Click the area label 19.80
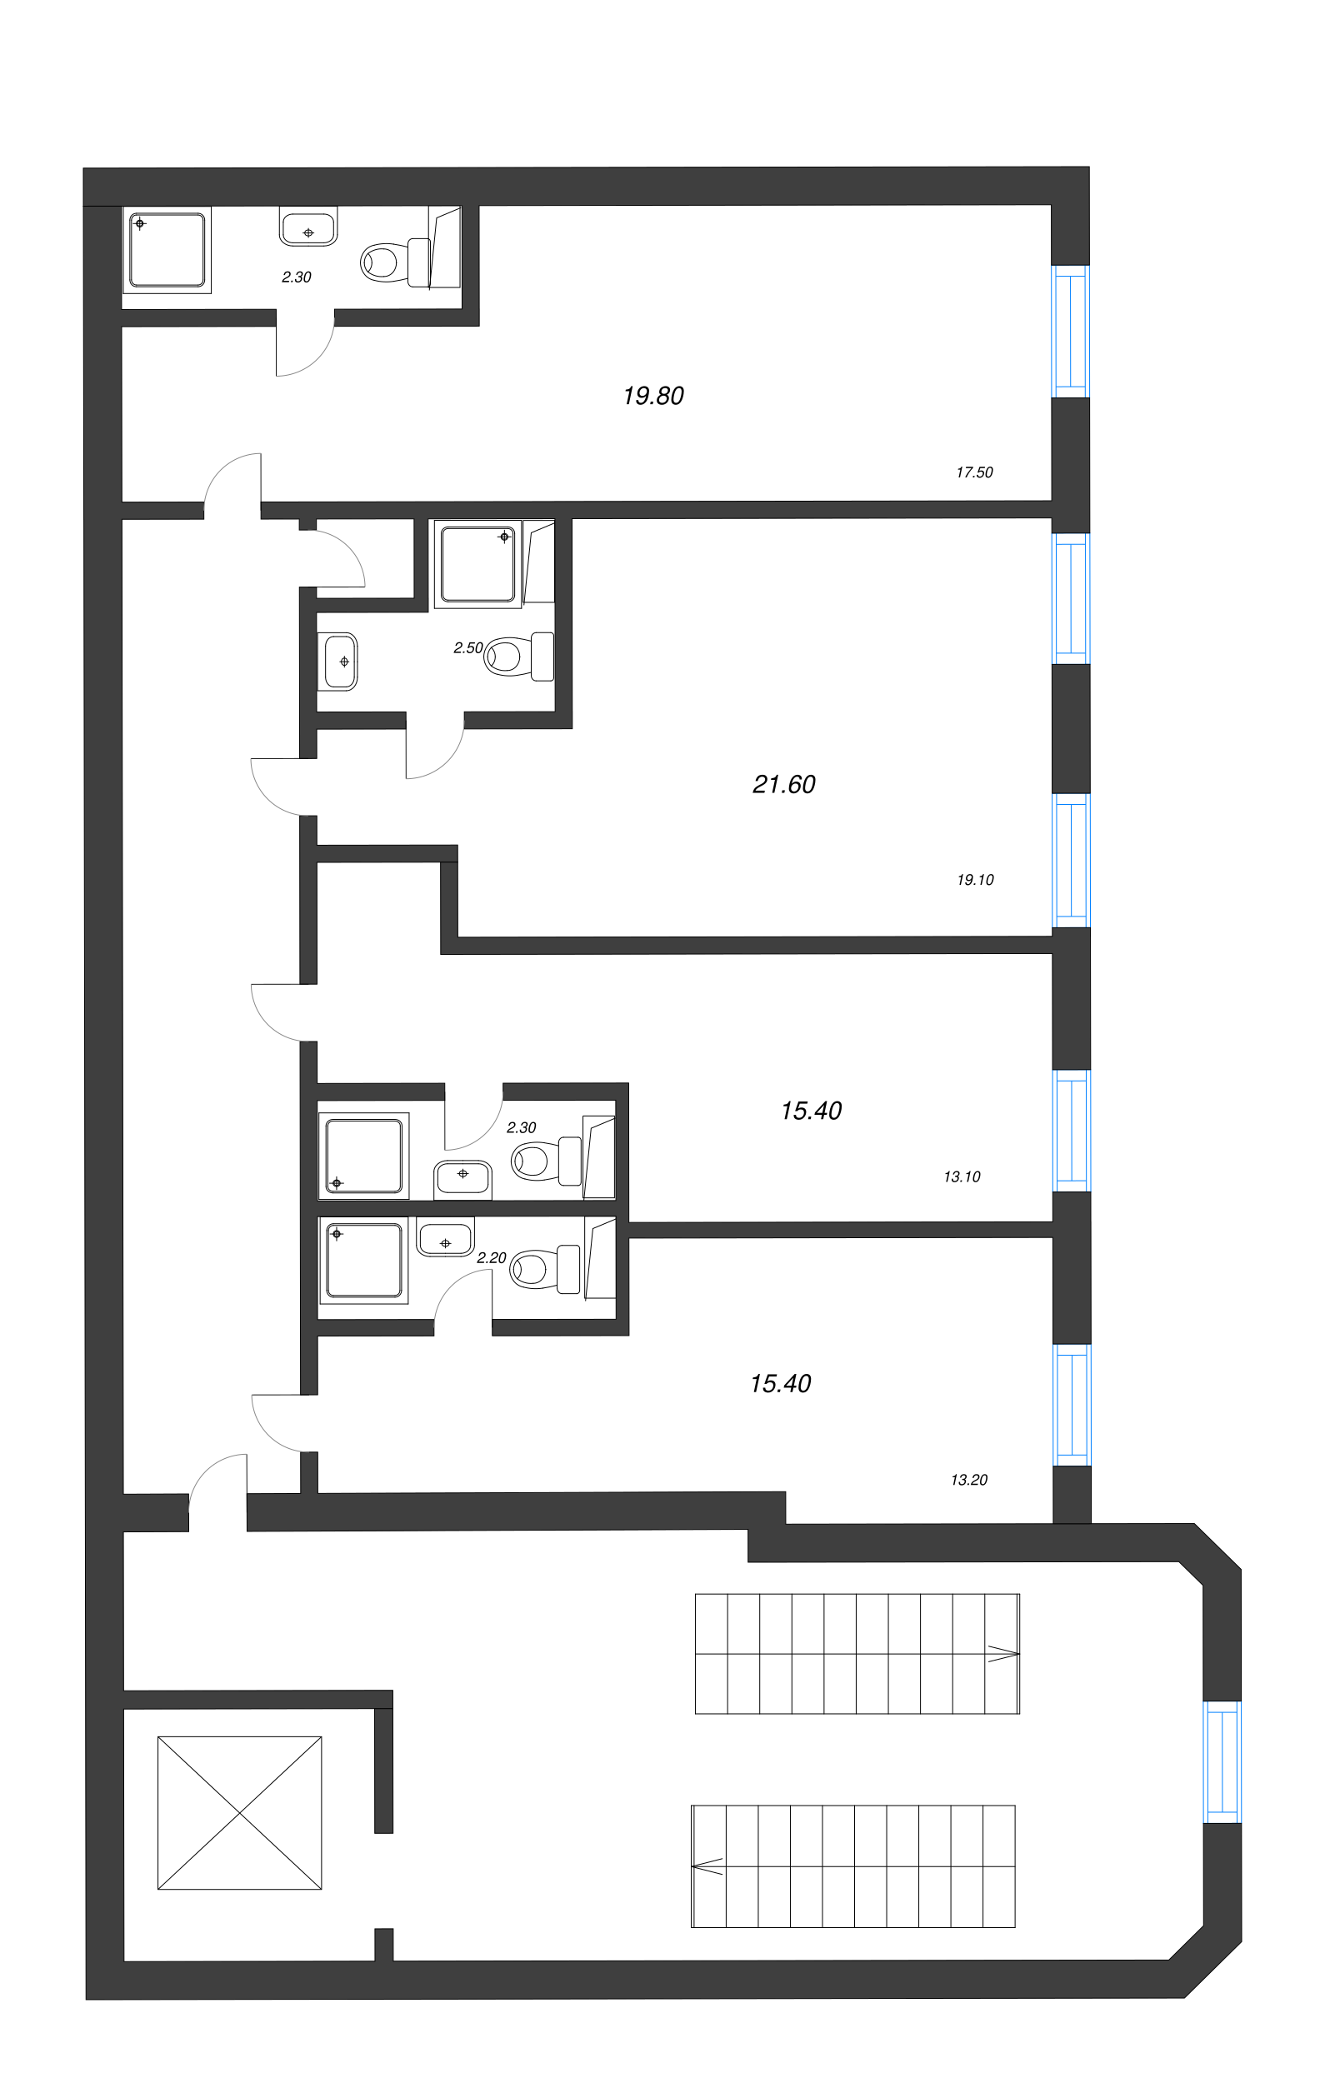click(653, 396)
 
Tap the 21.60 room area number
click(784, 785)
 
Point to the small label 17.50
click(974, 472)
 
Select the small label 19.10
click(975, 880)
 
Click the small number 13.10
click(962, 1176)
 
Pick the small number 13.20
click(969, 1480)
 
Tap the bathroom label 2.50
click(468, 648)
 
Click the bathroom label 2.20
click(492, 1258)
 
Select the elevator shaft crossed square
click(240, 1813)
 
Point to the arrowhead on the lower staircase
click(707, 1866)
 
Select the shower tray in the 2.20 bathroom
click(363, 1261)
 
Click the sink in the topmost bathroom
click(308, 227)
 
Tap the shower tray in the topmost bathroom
click(167, 250)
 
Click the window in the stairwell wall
click(1222, 1762)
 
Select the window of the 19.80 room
click(1071, 331)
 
